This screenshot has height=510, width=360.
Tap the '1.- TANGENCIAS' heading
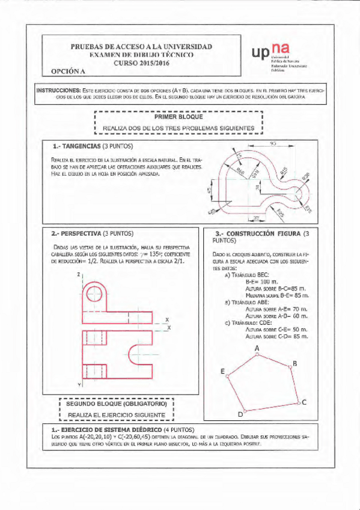(x=79, y=146)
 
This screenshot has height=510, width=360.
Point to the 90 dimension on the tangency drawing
(x=273, y=143)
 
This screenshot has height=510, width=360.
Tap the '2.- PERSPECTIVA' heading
(x=80, y=233)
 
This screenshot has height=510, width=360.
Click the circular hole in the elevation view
(x=95, y=295)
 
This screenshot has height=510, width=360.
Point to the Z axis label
(x=78, y=274)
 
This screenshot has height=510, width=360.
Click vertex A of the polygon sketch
(x=257, y=354)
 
